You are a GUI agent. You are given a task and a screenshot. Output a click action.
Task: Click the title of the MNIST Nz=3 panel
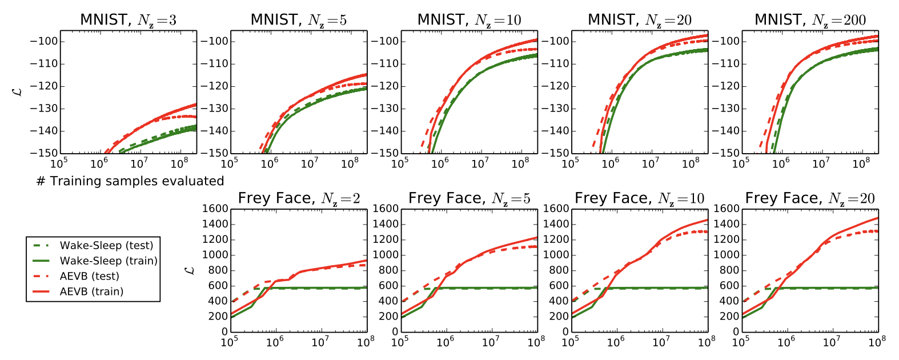[128, 20]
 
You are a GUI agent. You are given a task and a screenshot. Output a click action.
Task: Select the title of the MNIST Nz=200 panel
[810, 20]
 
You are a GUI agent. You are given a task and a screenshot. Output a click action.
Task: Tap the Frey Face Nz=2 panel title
[299, 198]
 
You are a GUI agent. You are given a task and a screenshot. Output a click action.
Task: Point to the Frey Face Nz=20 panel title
[810, 198]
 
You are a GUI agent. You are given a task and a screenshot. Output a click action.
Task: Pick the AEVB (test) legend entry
[89, 277]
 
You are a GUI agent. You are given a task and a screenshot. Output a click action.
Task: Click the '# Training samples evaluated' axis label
[130, 181]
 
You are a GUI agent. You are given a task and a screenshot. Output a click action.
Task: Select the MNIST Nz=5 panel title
[299, 20]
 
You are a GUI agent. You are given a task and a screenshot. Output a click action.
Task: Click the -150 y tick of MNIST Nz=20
[557, 153]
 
